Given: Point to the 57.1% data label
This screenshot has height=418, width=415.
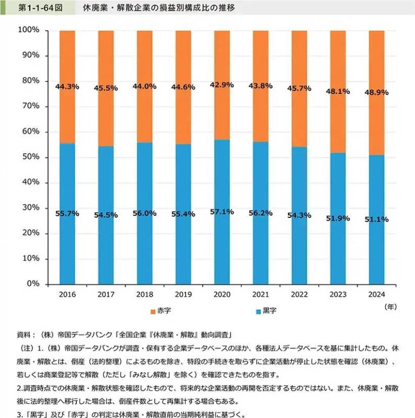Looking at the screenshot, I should coord(222,212).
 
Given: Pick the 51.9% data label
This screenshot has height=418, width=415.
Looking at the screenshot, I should coord(338,218).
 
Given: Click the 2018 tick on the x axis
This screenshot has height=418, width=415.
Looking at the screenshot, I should coord(145,295).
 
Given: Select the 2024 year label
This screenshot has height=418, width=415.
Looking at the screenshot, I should coord(376,295).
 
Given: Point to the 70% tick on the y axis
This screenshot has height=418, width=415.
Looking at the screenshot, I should coord(31,107).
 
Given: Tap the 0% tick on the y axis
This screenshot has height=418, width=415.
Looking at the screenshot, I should coord(33,284).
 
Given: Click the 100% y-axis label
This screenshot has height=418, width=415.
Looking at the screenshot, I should coord(29,30).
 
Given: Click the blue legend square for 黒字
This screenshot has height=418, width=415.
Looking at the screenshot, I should coord(258,311).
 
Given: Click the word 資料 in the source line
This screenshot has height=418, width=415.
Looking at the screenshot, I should coord(25,333).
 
